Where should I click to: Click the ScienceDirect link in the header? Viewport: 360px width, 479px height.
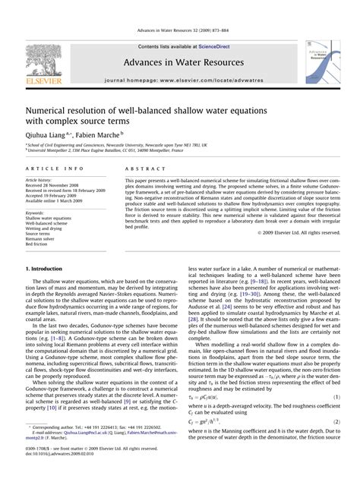pyautogui.click(x=204, y=25)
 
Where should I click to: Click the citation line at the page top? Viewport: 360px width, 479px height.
pyautogui.click(x=180, y=10)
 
